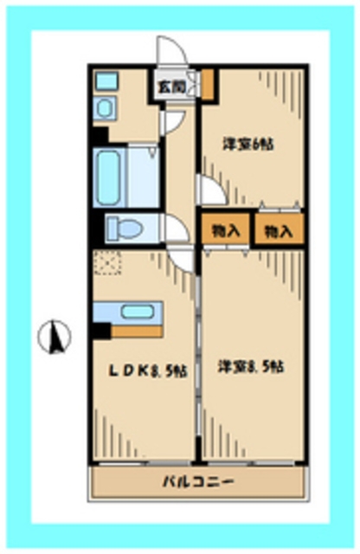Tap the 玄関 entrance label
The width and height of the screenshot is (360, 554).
click(170, 86)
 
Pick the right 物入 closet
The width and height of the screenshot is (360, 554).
click(278, 231)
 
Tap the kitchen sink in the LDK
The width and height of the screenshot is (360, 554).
click(138, 312)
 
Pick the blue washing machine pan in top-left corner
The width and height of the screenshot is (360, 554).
click(106, 82)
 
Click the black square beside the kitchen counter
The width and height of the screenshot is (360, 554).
click(102, 330)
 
